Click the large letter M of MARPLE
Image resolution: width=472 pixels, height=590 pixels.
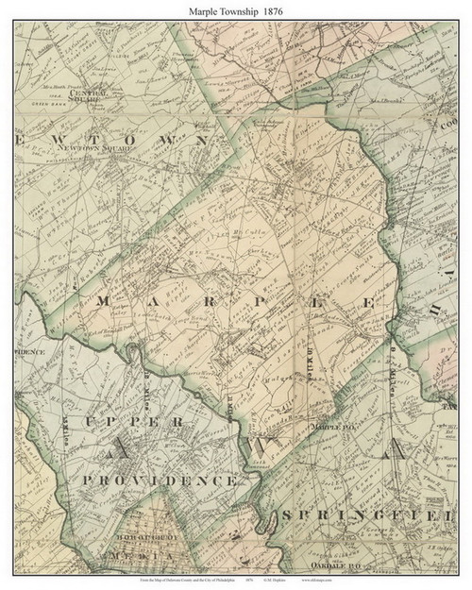tap(104, 301)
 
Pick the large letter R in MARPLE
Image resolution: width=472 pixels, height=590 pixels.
tap(213, 301)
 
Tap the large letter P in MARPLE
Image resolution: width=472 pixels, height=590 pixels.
tap(269, 301)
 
